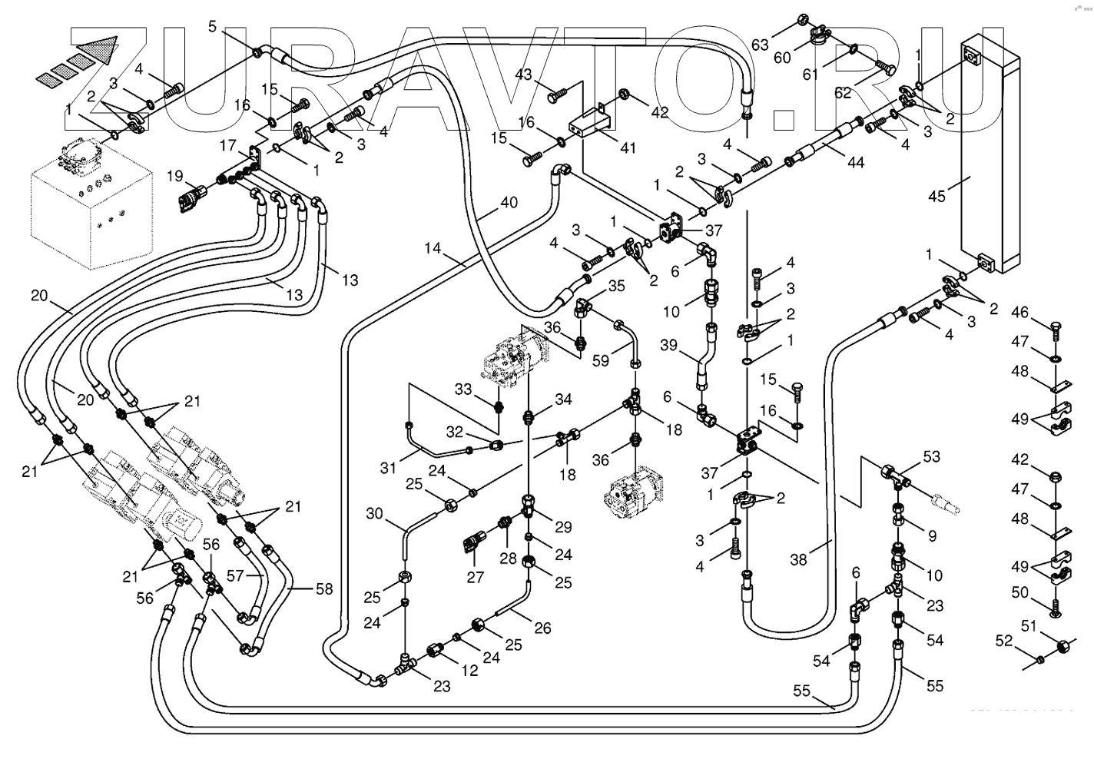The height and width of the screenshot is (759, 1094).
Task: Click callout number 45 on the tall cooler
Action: tap(937, 196)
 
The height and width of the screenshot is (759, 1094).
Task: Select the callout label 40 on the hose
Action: tap(509, 203)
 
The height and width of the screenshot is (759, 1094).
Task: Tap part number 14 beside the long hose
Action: tap(433, 248)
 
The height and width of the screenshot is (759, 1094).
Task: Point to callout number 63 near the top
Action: tap(760, 45)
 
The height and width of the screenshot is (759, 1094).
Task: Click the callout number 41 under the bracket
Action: tap(628, 148)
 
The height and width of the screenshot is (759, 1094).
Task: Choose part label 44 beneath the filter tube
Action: tap(856, 162)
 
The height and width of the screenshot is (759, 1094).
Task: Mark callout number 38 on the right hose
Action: tap(799, 559)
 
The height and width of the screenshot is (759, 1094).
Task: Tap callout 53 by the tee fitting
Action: tap(931, 458)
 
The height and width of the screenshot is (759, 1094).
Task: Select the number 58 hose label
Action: tap(324, 589)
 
